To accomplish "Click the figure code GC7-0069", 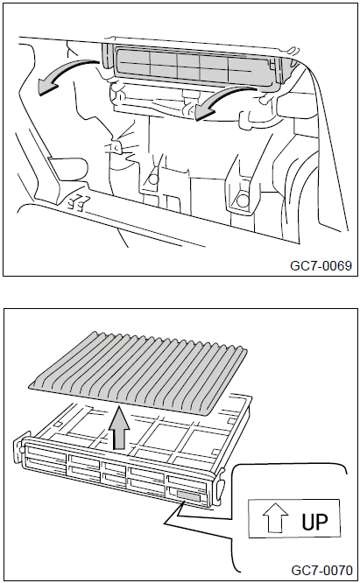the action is pyautogui.click(x=321, y=265).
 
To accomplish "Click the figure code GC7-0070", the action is pyautogui.click(x=321, y=571).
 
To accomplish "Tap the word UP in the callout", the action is pyautogui.click(x=314, y=522).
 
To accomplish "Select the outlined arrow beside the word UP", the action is pyautogui.click(x=275, y=518).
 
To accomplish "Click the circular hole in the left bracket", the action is pyautogui.click(x=153, y=179).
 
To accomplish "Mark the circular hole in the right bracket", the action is pyautogui.click(x=243, y=200).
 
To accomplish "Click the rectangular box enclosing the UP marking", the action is pyautogui.click(x=293, y=518).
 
